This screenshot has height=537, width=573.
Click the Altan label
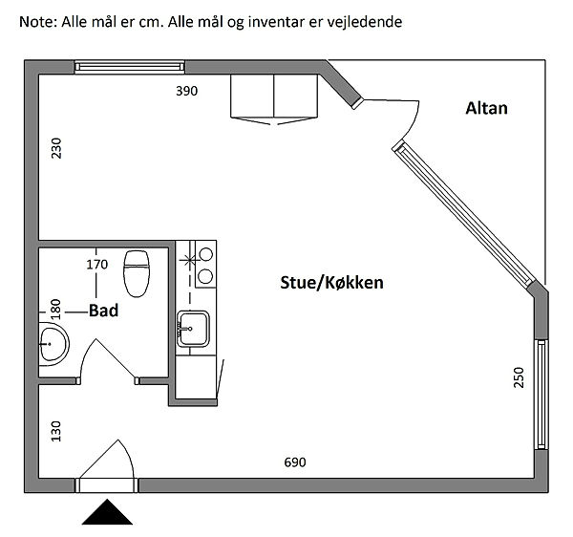pyautogui.click(x=486, y=108)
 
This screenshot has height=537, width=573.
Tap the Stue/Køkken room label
pyautogui.click(x=332, y=282)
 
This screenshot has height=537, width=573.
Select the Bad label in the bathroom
pyautogui.click(x=106, y=310)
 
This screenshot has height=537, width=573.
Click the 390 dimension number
pyautogui.click(x=187, y=92)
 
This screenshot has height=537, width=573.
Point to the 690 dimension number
pyautogui.click(x=295, y=462)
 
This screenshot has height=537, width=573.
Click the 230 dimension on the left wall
pyautogui.click(x=56, y=150)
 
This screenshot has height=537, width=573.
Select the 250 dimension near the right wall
pyautogui.click(x=519, y=376)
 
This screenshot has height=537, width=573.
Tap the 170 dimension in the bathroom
pyautogui.click(x=96, y=264)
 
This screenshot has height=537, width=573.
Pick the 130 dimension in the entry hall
pyautogui.click(x=56, y=433)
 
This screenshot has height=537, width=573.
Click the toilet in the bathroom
pyautogui.click(x=138, y=273)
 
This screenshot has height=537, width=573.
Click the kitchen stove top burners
pyautogui.click(x=202, y=265)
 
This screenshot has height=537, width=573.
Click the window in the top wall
pyautogui.click(x=130, y=66)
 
